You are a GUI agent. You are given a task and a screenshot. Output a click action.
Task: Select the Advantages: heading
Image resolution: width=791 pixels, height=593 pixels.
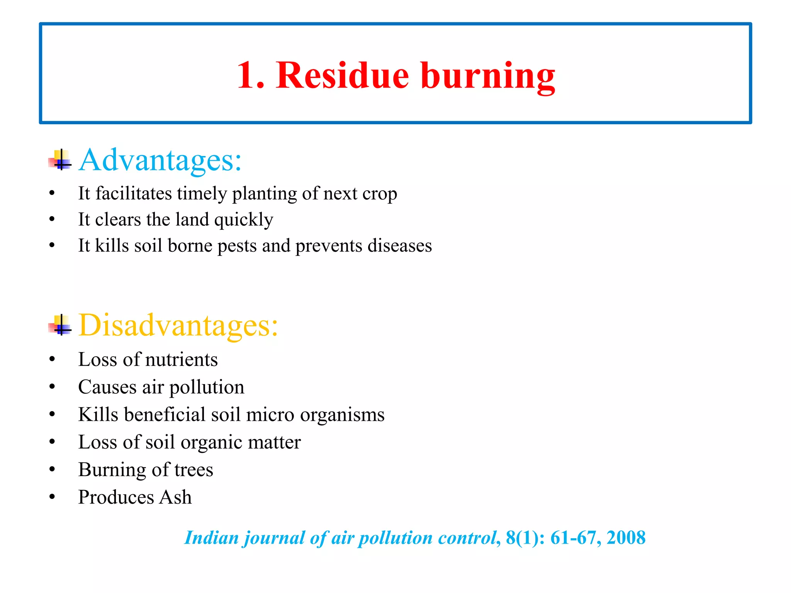point(160,160)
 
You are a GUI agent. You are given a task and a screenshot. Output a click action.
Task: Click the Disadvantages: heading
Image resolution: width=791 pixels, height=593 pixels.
point(178,325)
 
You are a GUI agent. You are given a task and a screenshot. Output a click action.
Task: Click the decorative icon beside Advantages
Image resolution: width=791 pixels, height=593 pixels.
point(60,160)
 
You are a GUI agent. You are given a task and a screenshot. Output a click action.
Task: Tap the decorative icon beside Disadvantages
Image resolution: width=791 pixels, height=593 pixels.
point(60,325)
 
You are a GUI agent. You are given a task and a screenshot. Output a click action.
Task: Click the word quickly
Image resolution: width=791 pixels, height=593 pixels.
point(244,220)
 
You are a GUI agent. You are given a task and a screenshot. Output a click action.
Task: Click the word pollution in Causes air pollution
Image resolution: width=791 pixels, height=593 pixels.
point(207,387)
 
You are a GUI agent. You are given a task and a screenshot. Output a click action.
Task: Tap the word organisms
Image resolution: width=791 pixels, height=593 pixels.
point(342,415)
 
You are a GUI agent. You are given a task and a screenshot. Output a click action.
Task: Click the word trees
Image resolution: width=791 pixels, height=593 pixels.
point(194,470)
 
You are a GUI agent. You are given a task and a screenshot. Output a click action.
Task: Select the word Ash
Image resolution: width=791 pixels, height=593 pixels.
point(176,497)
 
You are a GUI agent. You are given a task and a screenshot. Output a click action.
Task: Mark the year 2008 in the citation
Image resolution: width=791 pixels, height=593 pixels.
point(626,538)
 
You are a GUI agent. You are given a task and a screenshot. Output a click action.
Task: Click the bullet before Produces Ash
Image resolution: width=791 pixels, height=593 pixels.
point(52,497)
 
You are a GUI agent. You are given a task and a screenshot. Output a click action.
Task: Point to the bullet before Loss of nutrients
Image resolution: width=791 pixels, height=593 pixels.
point(52,359)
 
